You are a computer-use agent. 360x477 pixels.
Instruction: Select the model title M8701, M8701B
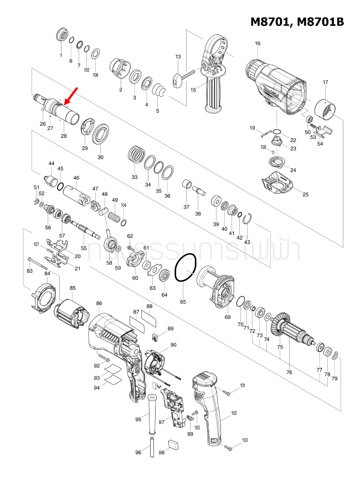[x=297, y=22]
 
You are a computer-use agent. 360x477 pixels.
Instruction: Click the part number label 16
[x=258, y=44]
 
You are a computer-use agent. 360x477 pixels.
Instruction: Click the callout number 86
[x=99, y=303]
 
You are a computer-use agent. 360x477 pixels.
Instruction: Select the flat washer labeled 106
[x=95, y=53]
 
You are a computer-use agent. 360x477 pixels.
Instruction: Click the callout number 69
[x=227, y=317]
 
